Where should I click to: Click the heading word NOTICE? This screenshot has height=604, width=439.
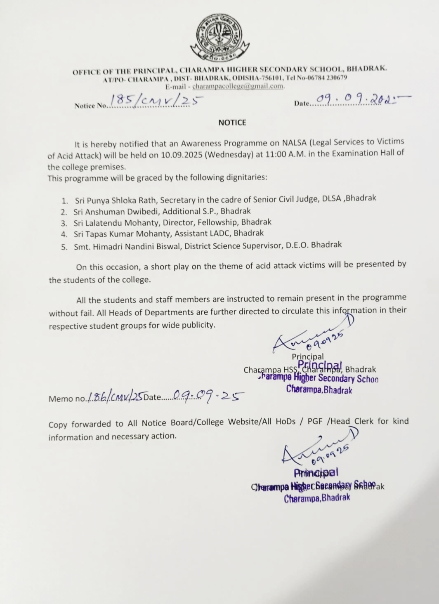(x=232, y=123)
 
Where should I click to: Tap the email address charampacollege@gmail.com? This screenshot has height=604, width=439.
(x=238, y=86)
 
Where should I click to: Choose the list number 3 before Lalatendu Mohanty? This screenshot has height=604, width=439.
(x=64, y=223)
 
